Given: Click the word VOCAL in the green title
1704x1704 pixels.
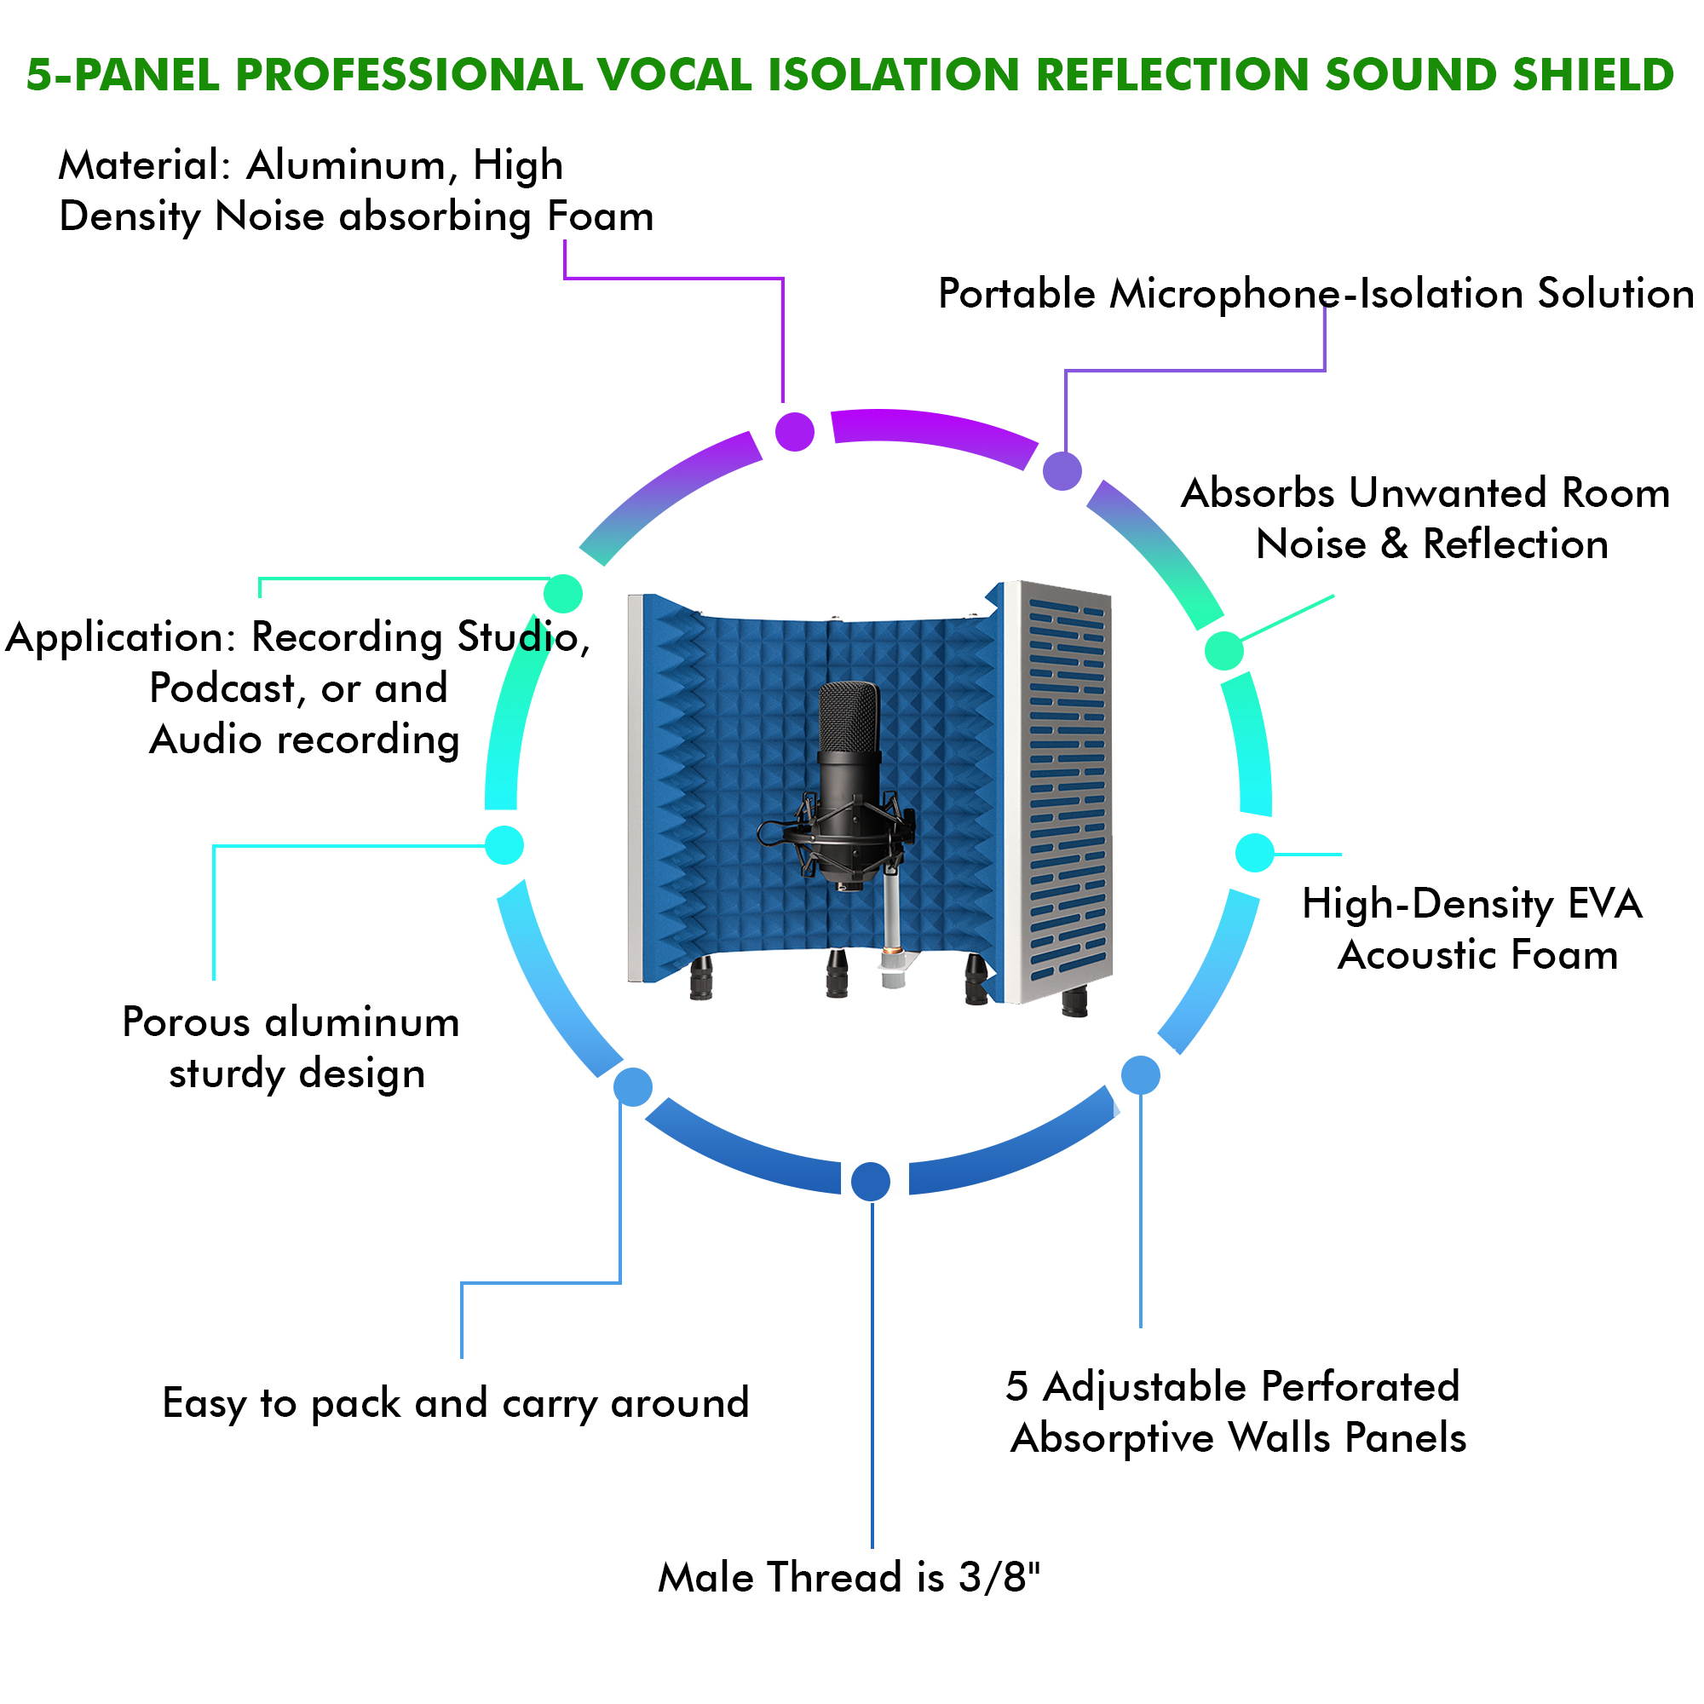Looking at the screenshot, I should click(x=673, y=74).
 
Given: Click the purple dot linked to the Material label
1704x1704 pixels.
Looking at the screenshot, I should click(x=794, y=431).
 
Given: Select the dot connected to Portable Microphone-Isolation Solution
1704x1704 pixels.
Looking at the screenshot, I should click(x=1062, y=470).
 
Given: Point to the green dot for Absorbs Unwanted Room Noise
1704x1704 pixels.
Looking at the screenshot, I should click(x=1224, y=651).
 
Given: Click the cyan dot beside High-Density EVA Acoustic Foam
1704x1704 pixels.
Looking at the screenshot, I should click(x=1254, y=853).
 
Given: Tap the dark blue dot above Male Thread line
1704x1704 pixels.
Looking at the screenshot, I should click(x=871, y=1181).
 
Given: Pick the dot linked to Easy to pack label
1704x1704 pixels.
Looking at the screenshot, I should click(x=632, y=1086).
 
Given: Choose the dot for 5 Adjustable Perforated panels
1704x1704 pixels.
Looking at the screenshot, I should click(x=1141, y=1075).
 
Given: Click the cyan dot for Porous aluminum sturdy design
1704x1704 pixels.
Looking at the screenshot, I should click(x=504, y=845).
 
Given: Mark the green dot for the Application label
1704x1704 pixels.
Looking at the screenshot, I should click(x=562, y=593).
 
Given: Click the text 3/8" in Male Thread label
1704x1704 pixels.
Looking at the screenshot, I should click(x=999, y=1577).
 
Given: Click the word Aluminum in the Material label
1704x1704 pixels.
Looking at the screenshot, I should click(x=346, y=165).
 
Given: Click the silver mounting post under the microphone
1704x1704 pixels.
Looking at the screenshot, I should click(x=893, y=922).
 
